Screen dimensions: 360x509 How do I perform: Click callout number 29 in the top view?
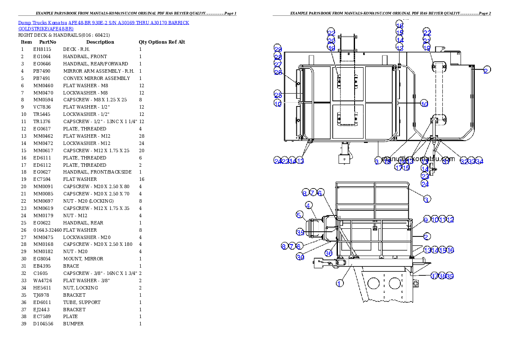coord(278,49)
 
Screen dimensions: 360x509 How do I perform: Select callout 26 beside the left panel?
coord(278,72)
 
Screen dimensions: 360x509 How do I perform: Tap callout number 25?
coord(278,95)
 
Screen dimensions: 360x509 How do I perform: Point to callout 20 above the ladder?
coord(331,41)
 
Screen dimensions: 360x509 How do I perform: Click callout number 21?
coord(427,40)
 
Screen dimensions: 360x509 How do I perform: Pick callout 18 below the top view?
coord(388,161)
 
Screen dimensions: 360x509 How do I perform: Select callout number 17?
coord(398,168)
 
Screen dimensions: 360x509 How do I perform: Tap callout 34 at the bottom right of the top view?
coord(479,161)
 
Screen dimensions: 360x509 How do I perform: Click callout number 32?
coord(464,161)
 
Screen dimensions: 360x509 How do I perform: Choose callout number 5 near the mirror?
coord(300,214)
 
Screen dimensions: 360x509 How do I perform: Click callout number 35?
coord(300,232)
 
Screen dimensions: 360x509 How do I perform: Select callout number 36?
coord(328,253)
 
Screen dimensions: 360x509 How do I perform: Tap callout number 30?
coord(300,257)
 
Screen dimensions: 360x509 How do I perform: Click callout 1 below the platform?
coord(340,283)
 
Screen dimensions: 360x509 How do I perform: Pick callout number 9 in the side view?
coord(426,219)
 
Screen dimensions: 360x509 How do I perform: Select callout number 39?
coord(450,276)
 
